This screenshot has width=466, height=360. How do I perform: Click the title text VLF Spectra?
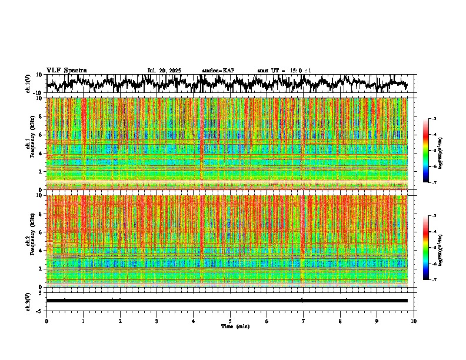[66, 71]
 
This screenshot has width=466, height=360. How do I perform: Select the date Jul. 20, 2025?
[164, 71]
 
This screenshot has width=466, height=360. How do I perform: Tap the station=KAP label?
[218, 71]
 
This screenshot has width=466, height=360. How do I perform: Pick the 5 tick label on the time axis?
[230, 321]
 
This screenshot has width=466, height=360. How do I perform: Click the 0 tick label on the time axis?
[46, 321]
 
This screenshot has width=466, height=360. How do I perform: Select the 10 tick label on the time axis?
[414, 321]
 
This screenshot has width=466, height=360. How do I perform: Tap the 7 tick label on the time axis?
[304, 321]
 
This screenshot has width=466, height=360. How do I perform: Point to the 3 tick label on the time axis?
[157, 321]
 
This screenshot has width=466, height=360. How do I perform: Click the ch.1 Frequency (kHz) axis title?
[31, 144]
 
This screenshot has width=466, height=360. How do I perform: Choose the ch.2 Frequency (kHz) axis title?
[31, 241]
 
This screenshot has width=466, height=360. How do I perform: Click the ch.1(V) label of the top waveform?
[28, 84]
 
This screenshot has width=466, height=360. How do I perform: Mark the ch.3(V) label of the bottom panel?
[28, 301]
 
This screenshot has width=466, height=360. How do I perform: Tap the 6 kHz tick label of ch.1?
[41, 135]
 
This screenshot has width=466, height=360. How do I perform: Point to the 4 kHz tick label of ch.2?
[41, 250]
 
